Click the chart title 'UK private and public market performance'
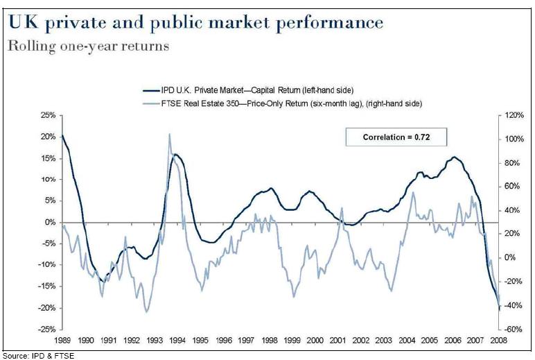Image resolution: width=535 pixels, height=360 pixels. [195, 22]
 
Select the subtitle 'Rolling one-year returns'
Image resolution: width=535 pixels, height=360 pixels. [88, 47]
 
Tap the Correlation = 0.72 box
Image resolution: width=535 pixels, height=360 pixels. [396, 137]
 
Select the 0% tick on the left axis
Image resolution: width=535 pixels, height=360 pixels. [48, 222]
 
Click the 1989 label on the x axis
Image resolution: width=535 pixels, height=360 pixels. [62, 340]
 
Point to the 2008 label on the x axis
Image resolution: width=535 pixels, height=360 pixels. [498, 340]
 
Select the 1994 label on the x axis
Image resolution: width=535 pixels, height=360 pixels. [177, 340]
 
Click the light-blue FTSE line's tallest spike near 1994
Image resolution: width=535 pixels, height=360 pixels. [170, 134]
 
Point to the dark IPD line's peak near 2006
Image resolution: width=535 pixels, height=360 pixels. [454, 157]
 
